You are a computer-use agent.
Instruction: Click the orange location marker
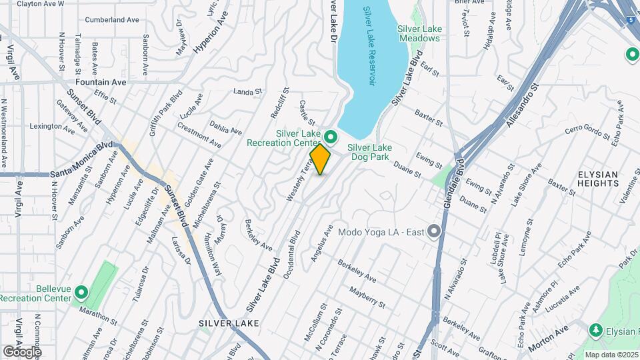point(320,159)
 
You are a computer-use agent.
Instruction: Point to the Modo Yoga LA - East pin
point(435,232)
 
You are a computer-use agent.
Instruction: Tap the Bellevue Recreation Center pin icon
point(81,292)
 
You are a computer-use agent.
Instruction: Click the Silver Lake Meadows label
point(419,33)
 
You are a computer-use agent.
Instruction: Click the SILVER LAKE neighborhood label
point(228,323)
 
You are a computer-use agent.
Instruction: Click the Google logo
point(22,351)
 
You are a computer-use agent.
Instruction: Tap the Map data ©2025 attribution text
point(611,355)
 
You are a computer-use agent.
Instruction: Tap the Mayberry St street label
point(368,295)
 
